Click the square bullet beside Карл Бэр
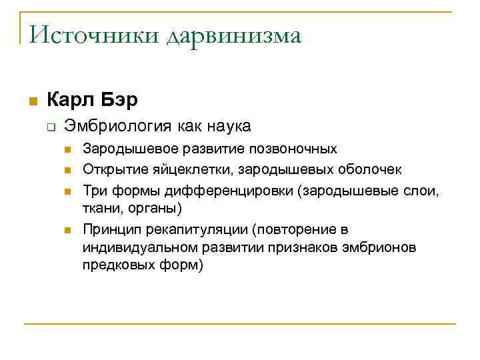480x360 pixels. pyautogui.click(x=31, y=101)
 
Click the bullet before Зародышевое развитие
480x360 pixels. pyautogui.click(x=68, y=149)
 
